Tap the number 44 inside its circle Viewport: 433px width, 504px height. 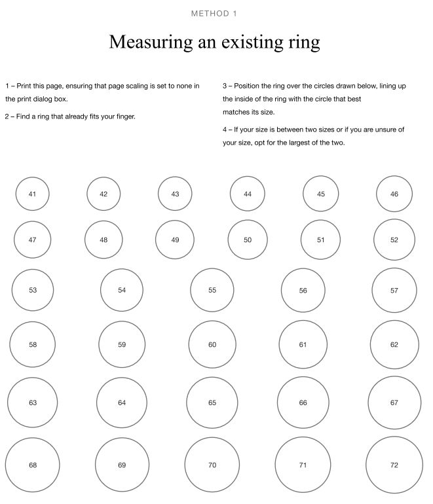pos(248,194)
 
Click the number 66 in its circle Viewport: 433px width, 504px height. pos(303,403)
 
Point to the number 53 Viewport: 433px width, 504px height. pos(33,290)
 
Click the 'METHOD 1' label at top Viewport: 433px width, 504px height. pos(214,14)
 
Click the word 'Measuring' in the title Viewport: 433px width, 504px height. pos(151,43)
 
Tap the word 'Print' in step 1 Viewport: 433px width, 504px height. pos(24,86)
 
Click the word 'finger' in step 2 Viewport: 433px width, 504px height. pos(126,117)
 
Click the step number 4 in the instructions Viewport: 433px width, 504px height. pos(225,130)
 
